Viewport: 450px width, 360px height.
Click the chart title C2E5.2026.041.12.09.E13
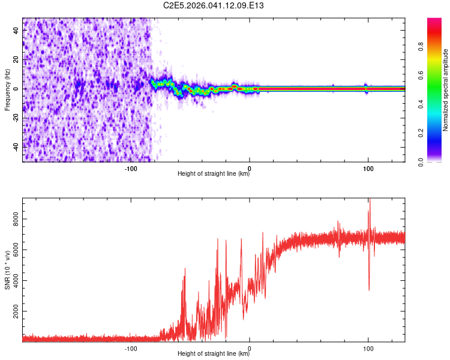click(214, 6)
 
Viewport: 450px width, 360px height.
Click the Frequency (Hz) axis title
click(7, 89)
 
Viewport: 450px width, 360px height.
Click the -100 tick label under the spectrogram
click(131, 168)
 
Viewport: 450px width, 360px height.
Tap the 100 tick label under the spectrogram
click(367, 168)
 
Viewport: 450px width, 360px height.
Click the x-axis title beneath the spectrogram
click(214, 175)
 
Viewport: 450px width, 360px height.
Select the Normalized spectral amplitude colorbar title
click(445, 90)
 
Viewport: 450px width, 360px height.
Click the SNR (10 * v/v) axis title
click(7, 271)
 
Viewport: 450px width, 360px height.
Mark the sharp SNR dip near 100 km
click(368, 289)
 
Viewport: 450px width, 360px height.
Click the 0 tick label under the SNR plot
click(249, 348)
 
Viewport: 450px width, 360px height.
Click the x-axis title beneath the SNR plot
click(214, 355)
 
